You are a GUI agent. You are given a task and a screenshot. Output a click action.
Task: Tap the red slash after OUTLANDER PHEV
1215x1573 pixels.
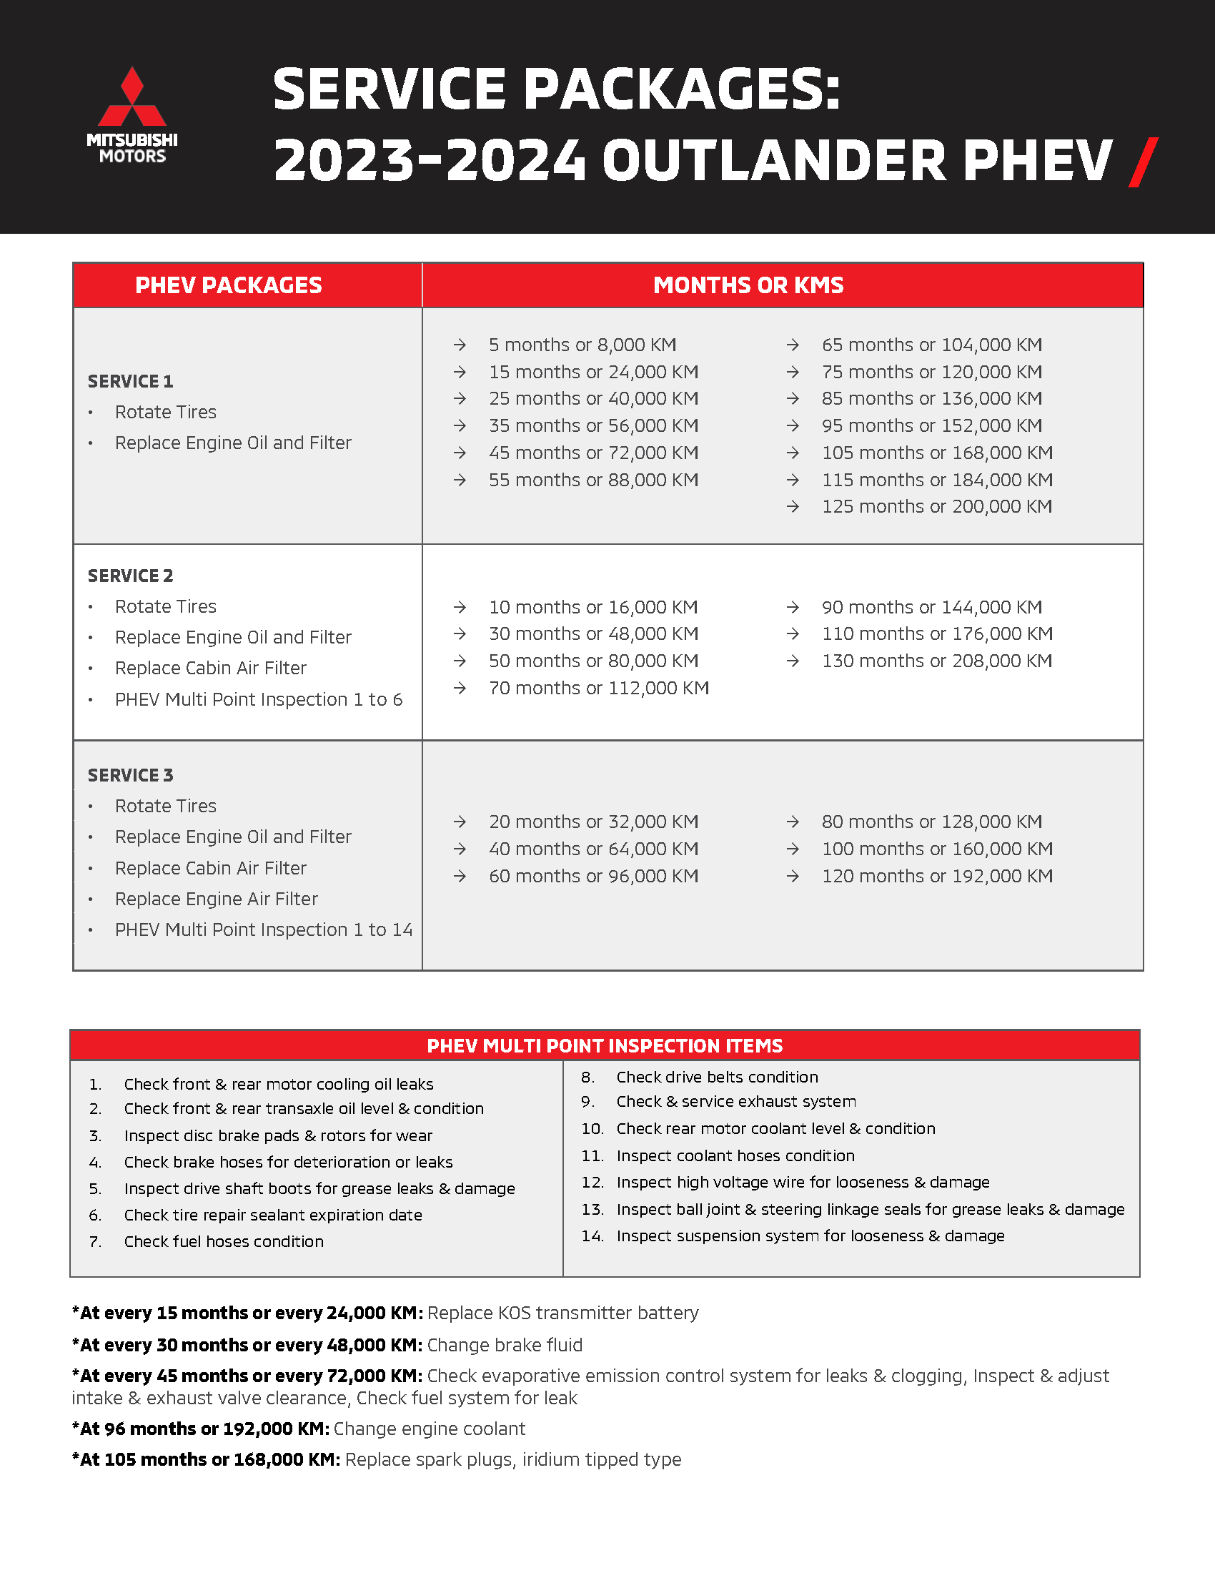(1143, 162)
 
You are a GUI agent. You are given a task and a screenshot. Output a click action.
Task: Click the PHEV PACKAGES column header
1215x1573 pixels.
(228, 285)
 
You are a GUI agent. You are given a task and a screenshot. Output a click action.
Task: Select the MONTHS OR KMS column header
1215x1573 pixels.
(748, 285)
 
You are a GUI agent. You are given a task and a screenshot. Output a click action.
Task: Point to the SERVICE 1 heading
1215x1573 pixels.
(130, 381)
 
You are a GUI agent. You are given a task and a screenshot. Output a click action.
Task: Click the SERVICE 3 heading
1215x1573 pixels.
(130, 775)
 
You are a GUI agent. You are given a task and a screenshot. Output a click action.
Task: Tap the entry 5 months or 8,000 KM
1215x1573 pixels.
(582, 345)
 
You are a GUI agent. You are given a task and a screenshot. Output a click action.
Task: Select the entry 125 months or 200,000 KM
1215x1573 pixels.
(936, 506)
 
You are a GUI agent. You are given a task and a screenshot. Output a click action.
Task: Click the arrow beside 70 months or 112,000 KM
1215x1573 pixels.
(460, 688)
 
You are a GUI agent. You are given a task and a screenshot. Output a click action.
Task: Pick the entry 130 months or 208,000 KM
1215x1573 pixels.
(936, 661)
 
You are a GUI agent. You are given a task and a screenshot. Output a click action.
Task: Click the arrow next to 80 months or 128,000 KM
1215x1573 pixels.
(793, 822)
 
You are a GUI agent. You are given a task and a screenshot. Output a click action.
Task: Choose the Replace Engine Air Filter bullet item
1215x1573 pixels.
(216, 899)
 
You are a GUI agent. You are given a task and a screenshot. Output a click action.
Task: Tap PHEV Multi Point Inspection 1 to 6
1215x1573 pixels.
(259, 699)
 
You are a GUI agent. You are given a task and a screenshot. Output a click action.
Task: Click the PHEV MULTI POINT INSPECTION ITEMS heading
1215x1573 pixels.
(605, 1045)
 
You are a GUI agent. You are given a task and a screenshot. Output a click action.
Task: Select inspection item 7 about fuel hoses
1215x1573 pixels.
(223, 1241)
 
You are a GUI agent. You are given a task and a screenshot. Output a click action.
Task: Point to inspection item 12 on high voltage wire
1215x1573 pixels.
(803, 1182)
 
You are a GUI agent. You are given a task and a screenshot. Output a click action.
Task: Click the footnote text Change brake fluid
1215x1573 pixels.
(505, 1345)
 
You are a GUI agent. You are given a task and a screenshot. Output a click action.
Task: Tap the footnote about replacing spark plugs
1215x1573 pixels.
(512, 1459)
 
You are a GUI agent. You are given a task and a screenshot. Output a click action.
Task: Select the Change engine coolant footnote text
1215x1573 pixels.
(429, 1429)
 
